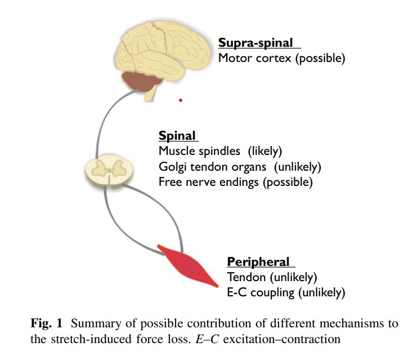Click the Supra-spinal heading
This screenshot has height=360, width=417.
[256, 43]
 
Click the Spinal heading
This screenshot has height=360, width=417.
[177, 136]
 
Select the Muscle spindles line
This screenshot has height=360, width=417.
[220, 151]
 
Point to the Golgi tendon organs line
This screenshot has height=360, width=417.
[240, 167]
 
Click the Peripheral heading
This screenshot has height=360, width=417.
[258, 262]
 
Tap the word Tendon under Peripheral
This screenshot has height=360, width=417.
[245, 277]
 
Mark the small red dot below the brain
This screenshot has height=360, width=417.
[181, 100]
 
